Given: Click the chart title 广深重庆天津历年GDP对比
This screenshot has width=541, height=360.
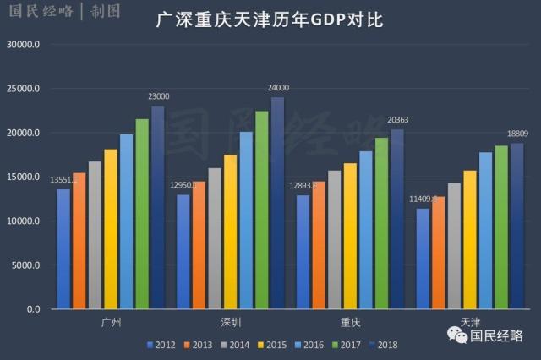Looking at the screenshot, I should point(270,19).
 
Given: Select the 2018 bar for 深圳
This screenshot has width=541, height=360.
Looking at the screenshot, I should point(277,203).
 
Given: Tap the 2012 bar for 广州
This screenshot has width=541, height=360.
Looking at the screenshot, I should point(63,248).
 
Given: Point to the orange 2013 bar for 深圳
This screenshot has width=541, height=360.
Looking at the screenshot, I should point(199,245).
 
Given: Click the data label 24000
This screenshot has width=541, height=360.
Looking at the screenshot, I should point(278,88).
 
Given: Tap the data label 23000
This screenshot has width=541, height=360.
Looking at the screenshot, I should point(158,96).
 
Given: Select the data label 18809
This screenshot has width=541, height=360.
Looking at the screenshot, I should point(518,134).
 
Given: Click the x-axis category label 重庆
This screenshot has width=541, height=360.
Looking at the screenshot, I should point(351,323).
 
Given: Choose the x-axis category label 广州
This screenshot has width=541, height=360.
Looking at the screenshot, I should point(111,323).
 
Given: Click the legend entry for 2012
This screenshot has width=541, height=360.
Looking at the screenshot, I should point(160,345).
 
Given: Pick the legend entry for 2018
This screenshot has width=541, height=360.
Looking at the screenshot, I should point(382,345).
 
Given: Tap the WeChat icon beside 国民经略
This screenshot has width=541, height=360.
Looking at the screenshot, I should point(457,336).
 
